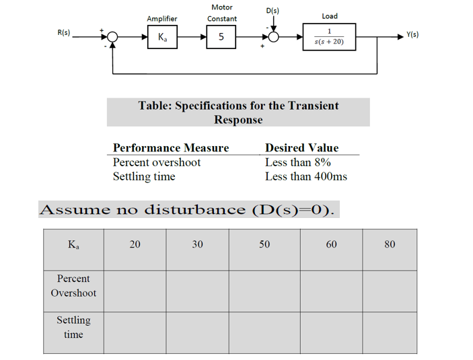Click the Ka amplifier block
(x=162, y=38)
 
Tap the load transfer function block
(x=329, y=38)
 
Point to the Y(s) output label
(x=410, y=34)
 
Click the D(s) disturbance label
(x=272, y=11)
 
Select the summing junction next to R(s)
(x=112, y=38)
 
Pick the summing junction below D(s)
(x=272, y=38)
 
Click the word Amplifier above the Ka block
(x=162, y=19)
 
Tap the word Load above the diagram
(x=330, y=16)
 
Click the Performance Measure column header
(x=171, y=148)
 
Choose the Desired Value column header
(x=302, y=148)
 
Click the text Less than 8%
(x=298, y=162)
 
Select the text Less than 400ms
(x=306, y=176)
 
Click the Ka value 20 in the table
(x=135, y=244)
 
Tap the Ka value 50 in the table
(x=264, y=244)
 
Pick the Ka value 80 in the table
(x=390, y=244)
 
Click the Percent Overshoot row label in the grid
(x=73, y=286)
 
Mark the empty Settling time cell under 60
(x=331, y=332)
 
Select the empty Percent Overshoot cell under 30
(x=197, y=291)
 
